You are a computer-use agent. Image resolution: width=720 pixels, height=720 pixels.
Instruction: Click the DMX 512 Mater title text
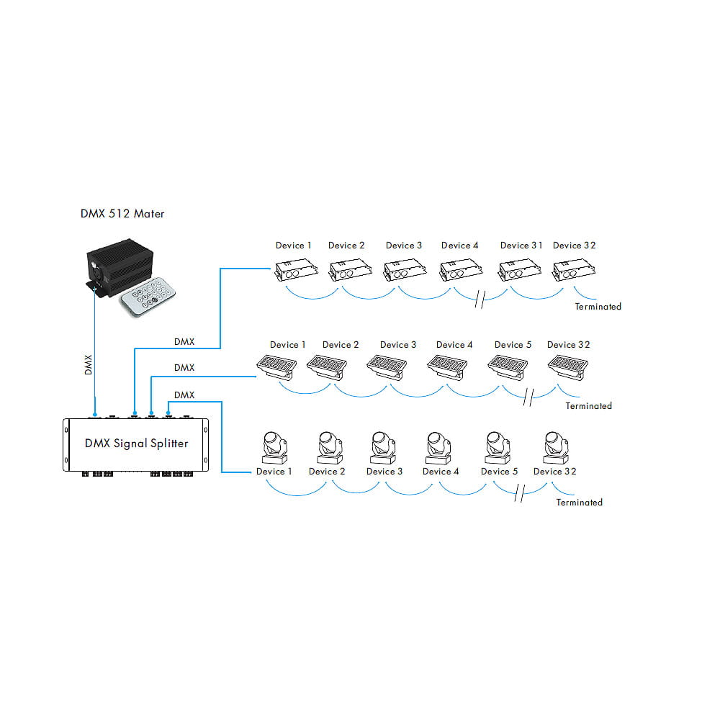tap(122, 214)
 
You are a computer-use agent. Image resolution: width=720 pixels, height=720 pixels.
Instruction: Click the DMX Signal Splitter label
tap(136, 444)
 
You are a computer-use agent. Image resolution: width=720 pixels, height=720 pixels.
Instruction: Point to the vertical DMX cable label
tap(88, 365)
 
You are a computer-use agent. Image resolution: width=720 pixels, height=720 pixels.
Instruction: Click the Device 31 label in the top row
tap(521, 246)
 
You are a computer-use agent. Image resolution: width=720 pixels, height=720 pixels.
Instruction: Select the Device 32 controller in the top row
tap(574, 272)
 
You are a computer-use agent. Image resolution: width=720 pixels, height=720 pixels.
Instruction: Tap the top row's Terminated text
tap(598, 307)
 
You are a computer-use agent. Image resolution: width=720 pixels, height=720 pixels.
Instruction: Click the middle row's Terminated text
tap(588, 406)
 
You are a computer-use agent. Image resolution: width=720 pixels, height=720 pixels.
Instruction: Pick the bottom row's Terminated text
tap(579, 503)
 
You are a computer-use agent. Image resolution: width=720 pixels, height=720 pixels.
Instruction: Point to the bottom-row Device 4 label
tap(441, 472)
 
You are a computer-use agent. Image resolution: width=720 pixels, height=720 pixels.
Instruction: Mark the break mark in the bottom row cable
tap(520, 494)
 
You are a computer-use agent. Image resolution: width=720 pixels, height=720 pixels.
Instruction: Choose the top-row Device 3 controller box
tap(402, 272)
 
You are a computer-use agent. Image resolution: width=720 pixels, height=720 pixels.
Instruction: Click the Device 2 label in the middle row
tap(341, 345)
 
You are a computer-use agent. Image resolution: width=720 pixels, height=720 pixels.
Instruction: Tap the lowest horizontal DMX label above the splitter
tap(184, 395)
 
